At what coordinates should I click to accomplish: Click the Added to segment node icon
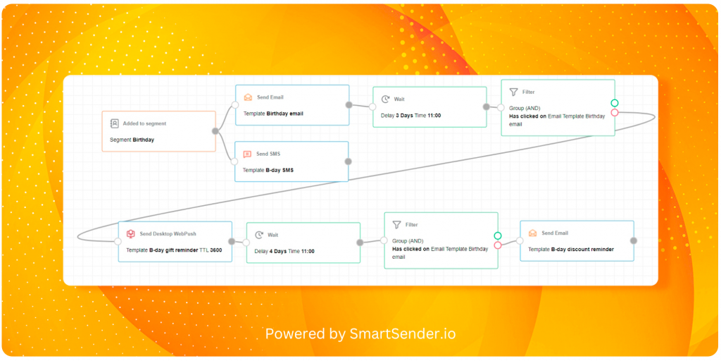click(115, 123)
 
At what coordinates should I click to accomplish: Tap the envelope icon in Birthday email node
click(249, 97)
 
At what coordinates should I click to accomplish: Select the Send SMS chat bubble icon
click(247, 154)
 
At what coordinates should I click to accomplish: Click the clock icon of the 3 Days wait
click(385, 99)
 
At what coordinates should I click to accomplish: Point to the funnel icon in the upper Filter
click(513, 92)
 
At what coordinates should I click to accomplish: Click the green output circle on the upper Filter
click(614, 103)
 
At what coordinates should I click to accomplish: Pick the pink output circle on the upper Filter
click(614, 113)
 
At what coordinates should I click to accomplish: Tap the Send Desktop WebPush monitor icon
click(130, 234)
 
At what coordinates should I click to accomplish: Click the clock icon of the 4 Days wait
click(259, 235)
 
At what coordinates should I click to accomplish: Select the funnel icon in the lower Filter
click(396, 225)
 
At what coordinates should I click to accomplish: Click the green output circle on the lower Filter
click(498, 235)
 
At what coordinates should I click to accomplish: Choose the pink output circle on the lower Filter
click(498, 245)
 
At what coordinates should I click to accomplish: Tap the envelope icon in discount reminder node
click(533, 233)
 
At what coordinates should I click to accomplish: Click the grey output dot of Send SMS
click(348, 161)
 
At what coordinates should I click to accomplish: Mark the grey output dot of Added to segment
click(215, 131)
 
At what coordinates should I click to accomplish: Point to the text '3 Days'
click(403, 116)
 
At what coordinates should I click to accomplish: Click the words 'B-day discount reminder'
click(582, 250)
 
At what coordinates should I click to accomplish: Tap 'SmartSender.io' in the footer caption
click(401, 334)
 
